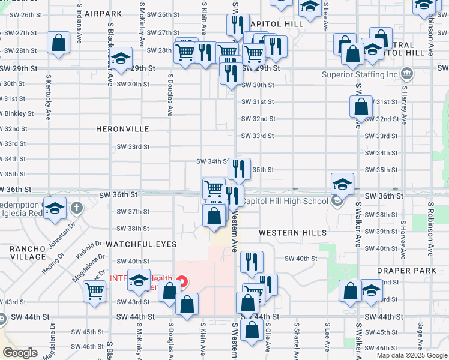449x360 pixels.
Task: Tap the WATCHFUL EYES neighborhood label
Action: [x=141, y=244]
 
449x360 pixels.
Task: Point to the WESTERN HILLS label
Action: [x=293, y=233]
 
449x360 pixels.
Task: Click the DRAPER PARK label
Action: [x=402, y=271]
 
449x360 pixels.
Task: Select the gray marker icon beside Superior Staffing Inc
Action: [x=406, y=74]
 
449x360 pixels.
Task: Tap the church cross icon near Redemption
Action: [x=76, y=208]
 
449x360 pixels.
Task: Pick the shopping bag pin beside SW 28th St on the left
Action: [x=58, y=43]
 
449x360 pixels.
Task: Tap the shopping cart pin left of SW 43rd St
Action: [x=95, y=292]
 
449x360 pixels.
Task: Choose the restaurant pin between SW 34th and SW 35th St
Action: [x=239, y=170]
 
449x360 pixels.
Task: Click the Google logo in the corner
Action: [x=20, y=353]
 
